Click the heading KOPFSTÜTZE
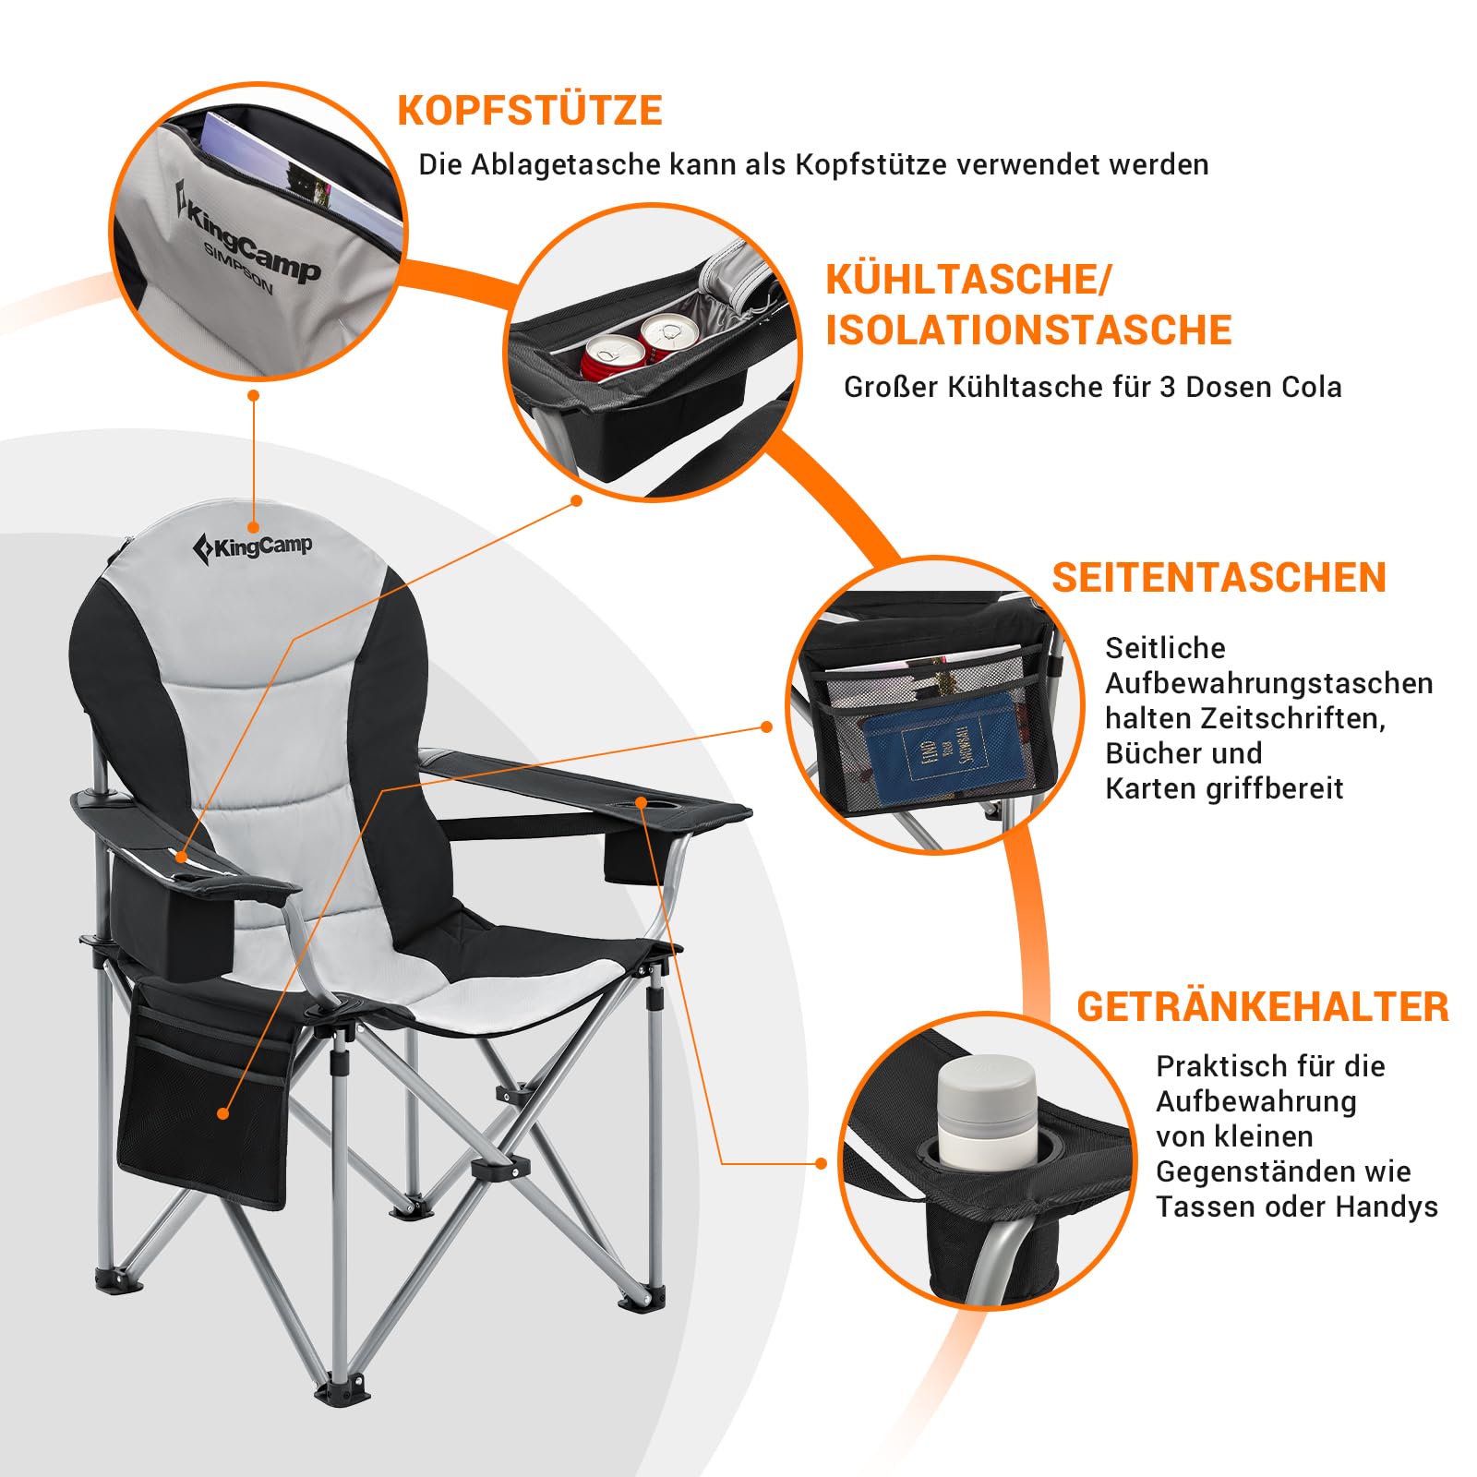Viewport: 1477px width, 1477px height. pos(530,109)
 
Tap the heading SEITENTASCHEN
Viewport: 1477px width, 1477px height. pos(1219,578)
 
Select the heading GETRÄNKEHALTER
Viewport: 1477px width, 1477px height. pos(1263,1006)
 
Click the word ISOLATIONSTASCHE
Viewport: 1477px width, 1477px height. pos(1028,330)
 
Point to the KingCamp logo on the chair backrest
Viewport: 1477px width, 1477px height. pos(252,547)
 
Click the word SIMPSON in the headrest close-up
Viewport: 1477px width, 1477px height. pos(238,269)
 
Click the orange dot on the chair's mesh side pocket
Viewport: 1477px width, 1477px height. pos(222,1114)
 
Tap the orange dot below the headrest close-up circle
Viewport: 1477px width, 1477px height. pos(253,395)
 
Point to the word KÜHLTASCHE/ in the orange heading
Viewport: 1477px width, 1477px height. pos(968,280)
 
